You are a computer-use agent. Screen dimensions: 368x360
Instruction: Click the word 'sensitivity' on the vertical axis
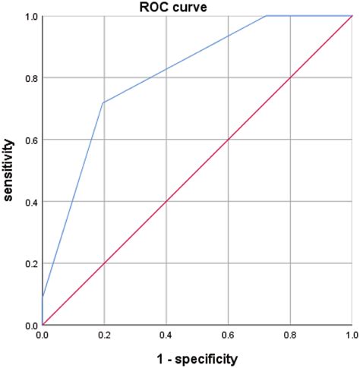pos(9,169)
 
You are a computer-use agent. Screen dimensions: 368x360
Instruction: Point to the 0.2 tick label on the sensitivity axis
pos(28,263)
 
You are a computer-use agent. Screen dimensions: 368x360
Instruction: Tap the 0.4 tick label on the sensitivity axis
pos(28,201)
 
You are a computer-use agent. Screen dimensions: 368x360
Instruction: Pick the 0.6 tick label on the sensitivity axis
pos(28,140)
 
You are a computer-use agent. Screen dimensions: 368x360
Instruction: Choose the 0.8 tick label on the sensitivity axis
pos(28,77)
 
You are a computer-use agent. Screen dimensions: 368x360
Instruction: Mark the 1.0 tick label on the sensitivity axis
pos(28,16)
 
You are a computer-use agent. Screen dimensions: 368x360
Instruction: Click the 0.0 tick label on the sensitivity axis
pos(28,326)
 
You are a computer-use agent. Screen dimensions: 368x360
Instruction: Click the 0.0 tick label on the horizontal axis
pos(43,335)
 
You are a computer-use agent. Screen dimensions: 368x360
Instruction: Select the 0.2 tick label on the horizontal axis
pos(104,335)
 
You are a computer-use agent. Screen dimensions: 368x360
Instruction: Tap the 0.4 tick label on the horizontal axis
pos(166,335)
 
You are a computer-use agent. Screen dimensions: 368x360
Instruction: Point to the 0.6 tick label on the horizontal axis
pos(228,335)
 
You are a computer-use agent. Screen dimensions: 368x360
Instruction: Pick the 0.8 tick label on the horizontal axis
pos(290,335)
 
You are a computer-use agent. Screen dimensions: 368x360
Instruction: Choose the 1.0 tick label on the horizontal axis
pos(351,335)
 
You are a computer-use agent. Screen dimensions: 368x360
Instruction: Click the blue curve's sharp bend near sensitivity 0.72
pos(103,102)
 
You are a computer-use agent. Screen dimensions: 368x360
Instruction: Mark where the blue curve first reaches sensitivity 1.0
pos(266,16)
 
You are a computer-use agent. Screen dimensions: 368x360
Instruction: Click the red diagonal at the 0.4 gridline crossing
pos(166,201)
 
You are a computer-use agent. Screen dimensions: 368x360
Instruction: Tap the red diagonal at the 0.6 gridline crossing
pos(228,140)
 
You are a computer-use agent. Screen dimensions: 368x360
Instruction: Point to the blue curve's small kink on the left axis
pos(43,297)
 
